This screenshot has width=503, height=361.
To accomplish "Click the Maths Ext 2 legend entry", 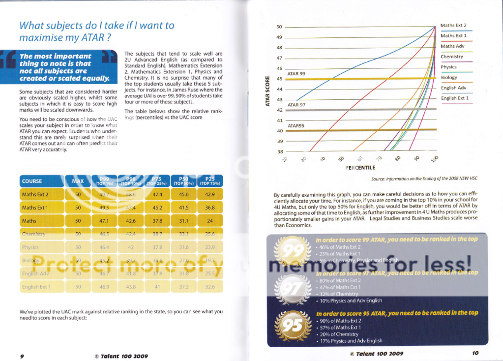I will [453, 25].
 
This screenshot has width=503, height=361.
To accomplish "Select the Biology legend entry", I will [449, 77].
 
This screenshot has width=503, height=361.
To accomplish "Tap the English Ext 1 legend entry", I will [454, 98].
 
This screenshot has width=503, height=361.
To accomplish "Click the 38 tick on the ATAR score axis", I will [280, 151].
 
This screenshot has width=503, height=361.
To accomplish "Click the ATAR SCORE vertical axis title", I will [267, 91].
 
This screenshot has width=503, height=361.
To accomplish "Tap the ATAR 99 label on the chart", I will [296, 74].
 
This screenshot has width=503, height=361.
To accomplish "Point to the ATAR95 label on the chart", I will [296, 125].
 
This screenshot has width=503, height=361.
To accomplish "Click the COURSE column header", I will [32, 181].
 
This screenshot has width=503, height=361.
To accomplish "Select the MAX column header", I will [78, 181].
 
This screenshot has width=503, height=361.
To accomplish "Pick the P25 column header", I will [210, 180].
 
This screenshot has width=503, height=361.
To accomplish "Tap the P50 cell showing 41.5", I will [183, 208].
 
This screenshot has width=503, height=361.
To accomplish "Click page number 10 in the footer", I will [475, 352].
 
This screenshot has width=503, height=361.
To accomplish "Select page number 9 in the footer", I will [22, 355].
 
